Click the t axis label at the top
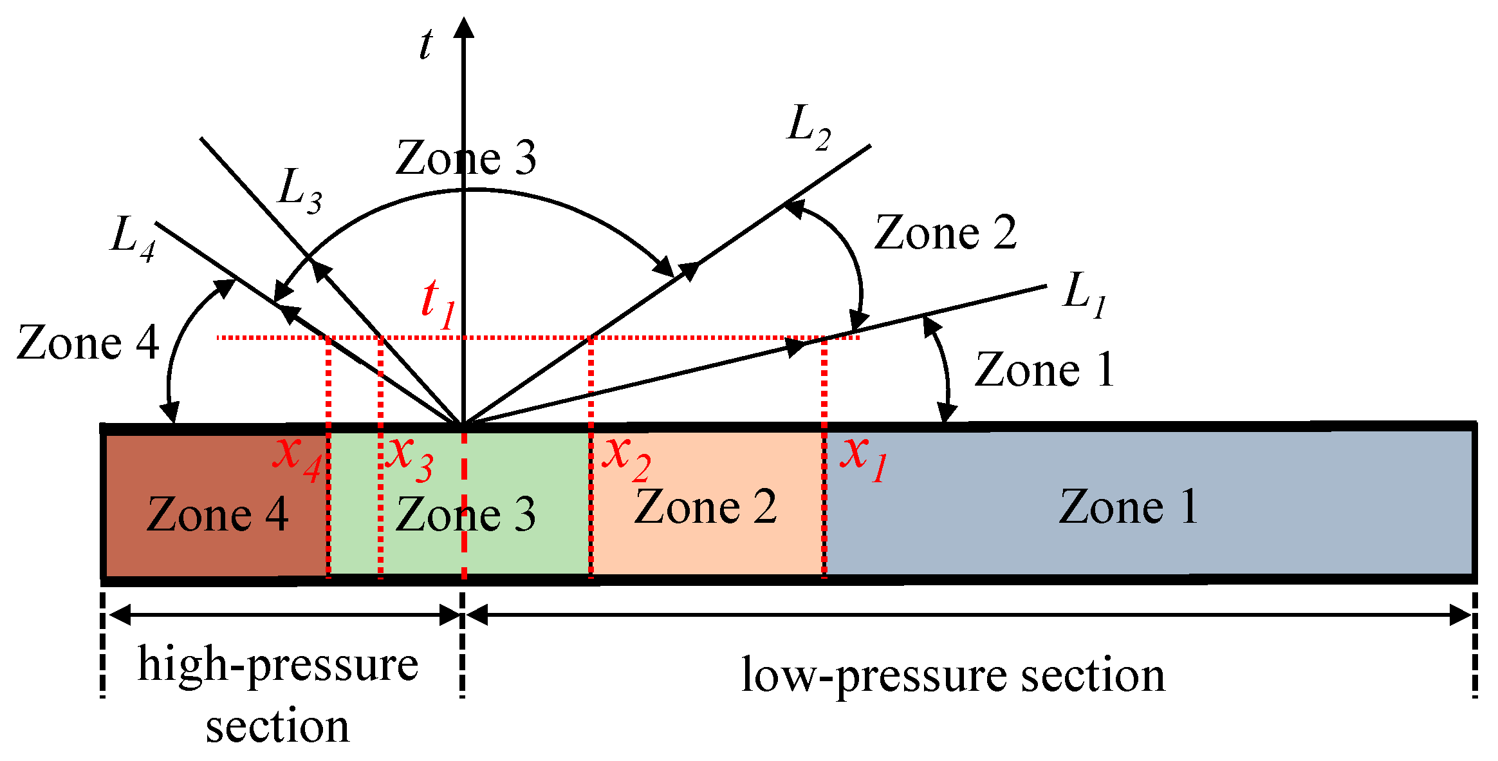click(x=426, y=45)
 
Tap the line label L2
click(x=809, y=127)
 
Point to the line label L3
click(x=299, y=191)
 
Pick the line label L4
click(x=133, y=239)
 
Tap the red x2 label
click(x=626, y=457)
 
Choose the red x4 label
click(x=296, y=457)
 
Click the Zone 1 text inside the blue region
click(x=1128, y=507)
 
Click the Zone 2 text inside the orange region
click(x=705, y=507)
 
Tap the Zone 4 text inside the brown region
click(x=217, y=514)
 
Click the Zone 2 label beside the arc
click(x=945, y=232)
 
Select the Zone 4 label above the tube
click(x=88, y=343)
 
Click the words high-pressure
click(x=278, y=665)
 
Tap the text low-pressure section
click(x=952, y=676)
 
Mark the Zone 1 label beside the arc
click(x=1044, y=370)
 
